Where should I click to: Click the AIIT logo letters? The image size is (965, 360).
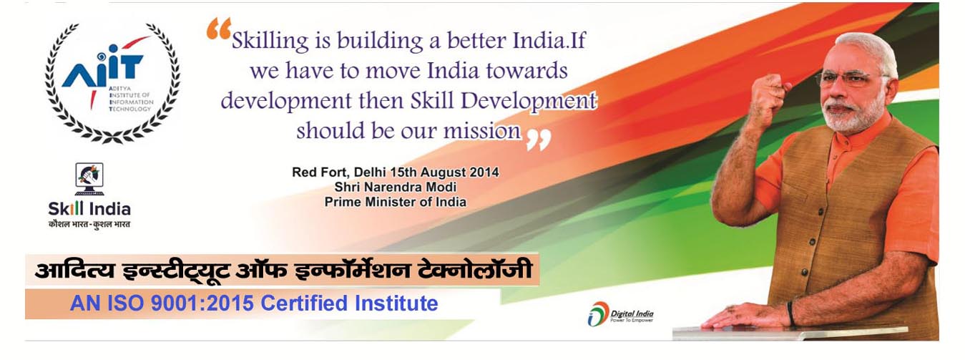(102, 69)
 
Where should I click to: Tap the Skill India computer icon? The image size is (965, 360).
(89, 179)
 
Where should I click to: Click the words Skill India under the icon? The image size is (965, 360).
(89, 209)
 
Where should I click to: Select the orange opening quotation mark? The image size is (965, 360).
(219, 29)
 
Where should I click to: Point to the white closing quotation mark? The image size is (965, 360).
(539, 140)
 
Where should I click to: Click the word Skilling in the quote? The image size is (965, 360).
(270, 42)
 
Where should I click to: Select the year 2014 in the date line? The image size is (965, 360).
(484, 172)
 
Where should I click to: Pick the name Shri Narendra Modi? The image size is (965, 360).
(395, 187)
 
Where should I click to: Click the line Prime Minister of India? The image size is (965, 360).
(395, 203)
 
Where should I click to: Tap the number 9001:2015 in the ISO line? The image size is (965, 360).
(202, 303)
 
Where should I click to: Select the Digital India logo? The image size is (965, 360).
(620, 314)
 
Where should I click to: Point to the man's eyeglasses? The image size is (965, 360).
(851, 79)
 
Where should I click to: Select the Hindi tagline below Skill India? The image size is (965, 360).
(89, 224)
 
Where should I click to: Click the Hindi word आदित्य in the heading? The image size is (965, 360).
(75, 271)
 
